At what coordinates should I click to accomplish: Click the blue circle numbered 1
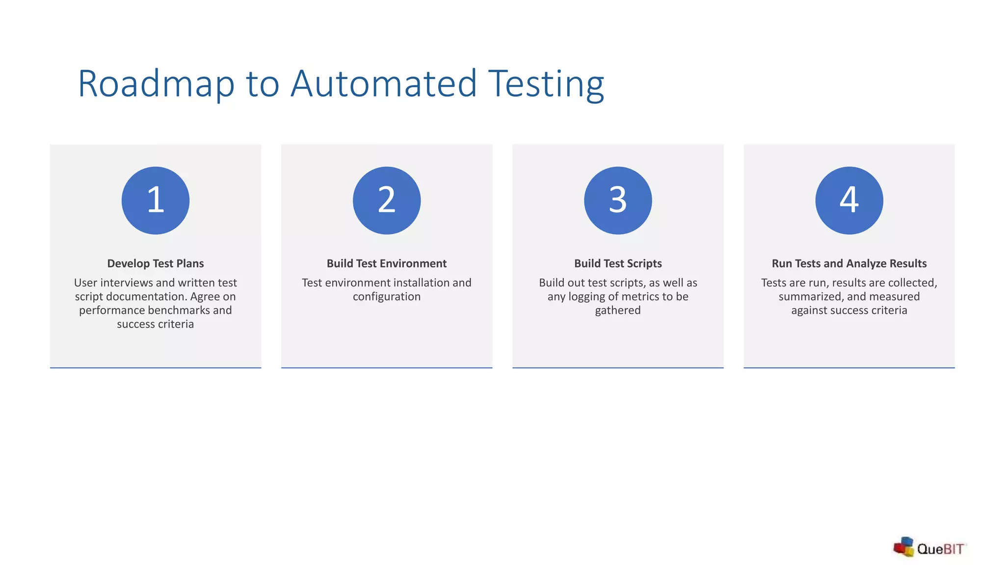[x=156, y=201]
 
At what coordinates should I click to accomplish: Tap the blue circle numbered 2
[x=387, y=201]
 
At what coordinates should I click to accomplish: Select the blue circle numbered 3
[x=618, y=201]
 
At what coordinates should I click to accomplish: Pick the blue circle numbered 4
[x=849, y=201]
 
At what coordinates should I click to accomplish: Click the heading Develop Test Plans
[x=156, y=263]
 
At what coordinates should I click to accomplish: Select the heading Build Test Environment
[x=387, y=263]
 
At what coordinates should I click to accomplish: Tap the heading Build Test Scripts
[x=618, y=263]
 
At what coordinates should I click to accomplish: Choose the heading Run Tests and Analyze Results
[x=849, y=263]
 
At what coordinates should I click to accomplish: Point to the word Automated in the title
[x=384, y=84]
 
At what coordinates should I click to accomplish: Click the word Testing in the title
[x=546, y=84]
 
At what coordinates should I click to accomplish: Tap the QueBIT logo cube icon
[x=903, y=547]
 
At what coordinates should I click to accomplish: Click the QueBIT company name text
[x=940, y=549]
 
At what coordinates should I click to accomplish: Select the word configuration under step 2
[x=387, y=297]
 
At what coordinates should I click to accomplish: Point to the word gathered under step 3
[x=618, y=310]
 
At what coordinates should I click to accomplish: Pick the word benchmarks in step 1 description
[x=179, y=310]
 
